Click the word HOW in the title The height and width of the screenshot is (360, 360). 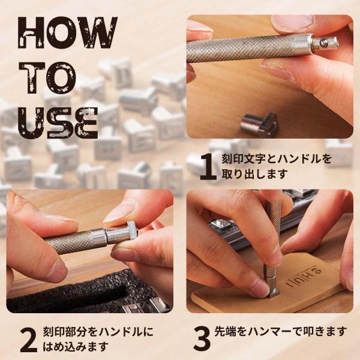pyautogui.click(x=68, y=32)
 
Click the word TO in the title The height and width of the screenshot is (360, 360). pyautogui.click(x=47, y=78)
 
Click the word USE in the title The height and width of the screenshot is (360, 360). pyautogui.click(x=58, y=122)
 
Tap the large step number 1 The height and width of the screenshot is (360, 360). pyautogui.click(x=208, y=166)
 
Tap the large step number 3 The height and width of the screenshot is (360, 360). pyautogui.click(x=202, y=338)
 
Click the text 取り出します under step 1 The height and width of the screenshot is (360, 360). pyautogui.click(x=254, y=174)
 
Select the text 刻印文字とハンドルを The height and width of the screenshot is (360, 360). pyautogui.click(x=277, y=158)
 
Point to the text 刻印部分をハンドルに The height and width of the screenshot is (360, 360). pyautogui.click(x=98, y=332)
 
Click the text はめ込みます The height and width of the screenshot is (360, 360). pyautogui.click(x=76, y=346)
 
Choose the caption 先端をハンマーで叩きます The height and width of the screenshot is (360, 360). pyautogui.click(x=280, y=332)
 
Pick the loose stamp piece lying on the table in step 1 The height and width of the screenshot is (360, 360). pyautogui.click(x=259, y=125)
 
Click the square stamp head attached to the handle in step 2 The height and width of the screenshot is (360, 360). pyautogui.click(x=131, y=232)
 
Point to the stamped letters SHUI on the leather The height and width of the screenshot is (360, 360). pyautogui.click(x=304, y=277)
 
